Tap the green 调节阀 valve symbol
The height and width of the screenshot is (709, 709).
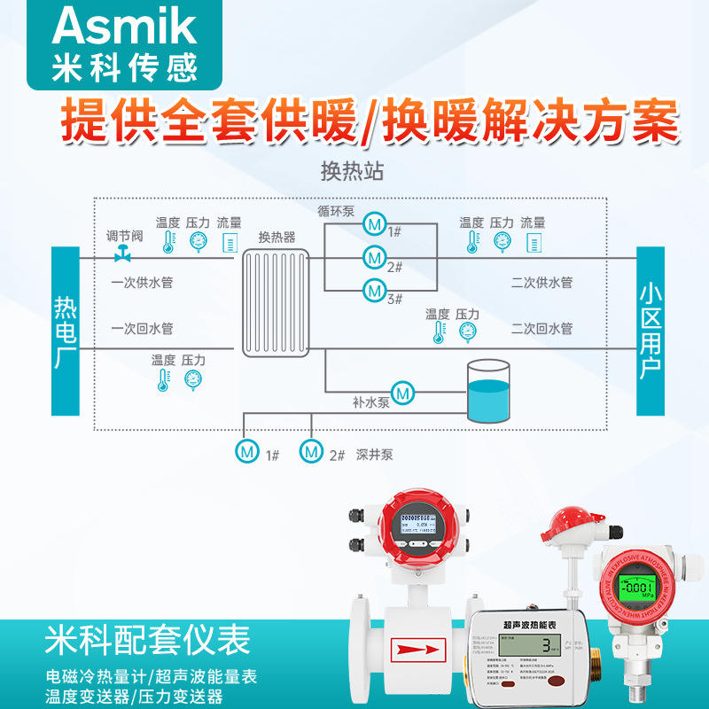click(x=123, y=255)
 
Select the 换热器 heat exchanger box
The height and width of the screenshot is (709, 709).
click(x=277, y=301)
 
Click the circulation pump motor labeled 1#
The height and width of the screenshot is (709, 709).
click(x=374, y=224)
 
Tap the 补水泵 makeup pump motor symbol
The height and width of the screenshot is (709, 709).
click(x=404, y=391)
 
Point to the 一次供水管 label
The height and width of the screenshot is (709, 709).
click(x=142, y=284)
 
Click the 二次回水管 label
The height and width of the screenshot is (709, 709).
click(x=541, y=329)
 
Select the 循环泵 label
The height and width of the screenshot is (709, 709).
click(x=336, y=212)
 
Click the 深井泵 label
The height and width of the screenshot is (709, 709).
click(x=375, y=455)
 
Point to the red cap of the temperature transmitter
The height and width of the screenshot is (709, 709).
click(x=576, y=523)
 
